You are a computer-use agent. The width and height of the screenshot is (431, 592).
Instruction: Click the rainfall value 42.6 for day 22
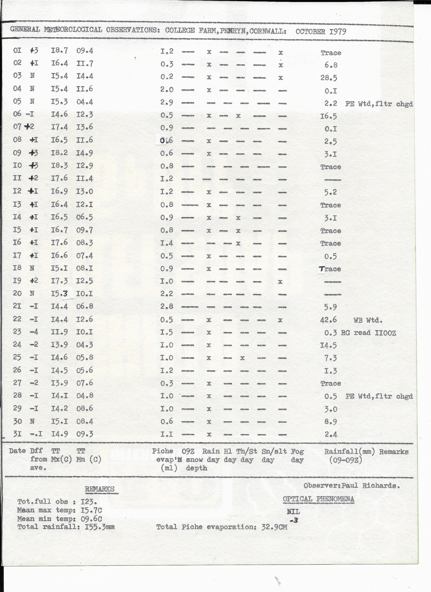(328, 320)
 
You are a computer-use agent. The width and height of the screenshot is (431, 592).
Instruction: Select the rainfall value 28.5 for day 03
(329, 78)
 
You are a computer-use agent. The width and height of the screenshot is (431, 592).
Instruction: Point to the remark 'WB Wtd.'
(368, 320)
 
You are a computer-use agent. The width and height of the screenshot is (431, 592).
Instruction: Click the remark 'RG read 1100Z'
(368, 333)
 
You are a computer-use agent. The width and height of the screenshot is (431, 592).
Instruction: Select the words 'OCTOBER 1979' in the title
(321, 32)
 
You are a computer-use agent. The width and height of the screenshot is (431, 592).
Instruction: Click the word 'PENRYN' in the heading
(234, 31)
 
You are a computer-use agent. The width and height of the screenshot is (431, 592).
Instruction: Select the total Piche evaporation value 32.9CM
(274, 527)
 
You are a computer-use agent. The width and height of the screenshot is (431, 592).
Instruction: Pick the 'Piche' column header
(162, 451)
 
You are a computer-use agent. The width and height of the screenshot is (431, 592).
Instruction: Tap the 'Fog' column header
(297, 451)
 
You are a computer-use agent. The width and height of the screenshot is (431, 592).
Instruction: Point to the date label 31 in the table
(17, 434)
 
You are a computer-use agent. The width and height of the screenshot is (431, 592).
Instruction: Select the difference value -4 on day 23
(34, 332)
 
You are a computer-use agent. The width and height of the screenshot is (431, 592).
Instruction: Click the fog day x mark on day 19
(280, 282)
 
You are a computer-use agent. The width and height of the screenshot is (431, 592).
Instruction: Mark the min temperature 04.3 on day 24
(85, 345)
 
